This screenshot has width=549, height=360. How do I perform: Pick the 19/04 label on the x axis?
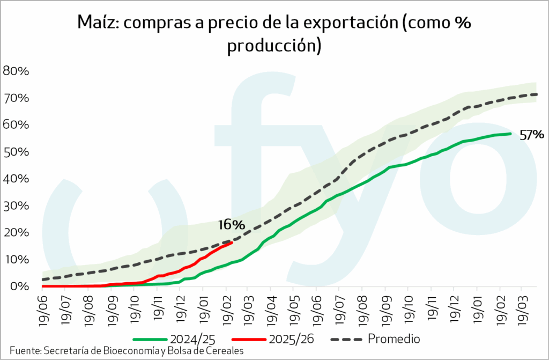pos(270,308)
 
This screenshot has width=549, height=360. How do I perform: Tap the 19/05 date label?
pos(293,308)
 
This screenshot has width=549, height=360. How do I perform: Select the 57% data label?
pos(531,135)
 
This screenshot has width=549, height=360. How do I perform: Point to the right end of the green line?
pos(510,134)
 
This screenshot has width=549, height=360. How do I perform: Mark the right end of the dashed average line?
pos(537,94)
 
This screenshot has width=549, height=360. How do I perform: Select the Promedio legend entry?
pos(394,339)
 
